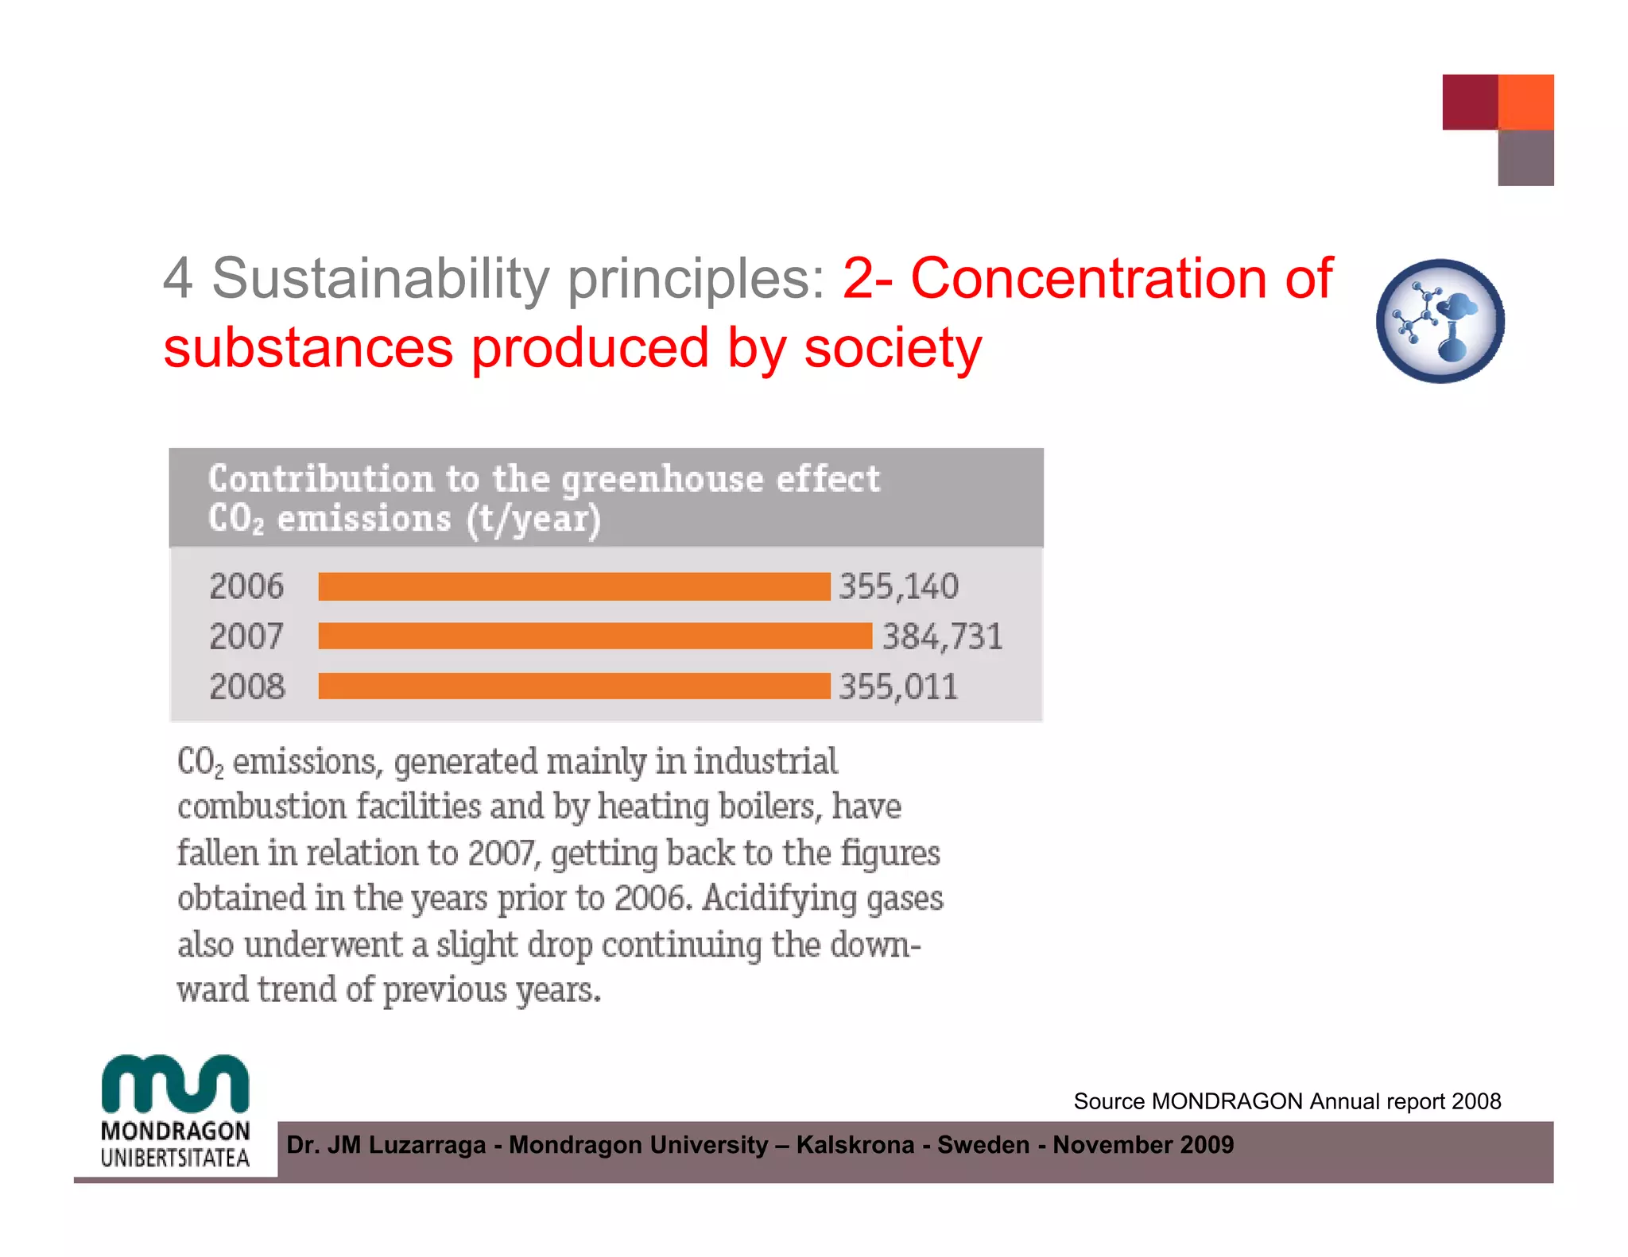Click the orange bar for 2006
click(574, 586)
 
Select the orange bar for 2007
click(595, 636)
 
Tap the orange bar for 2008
click(574, 686)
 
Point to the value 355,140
click(899, 586)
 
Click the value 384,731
click(943, 636)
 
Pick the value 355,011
click(899, 687)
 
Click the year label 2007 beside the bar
click(246, 636)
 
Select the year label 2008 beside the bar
click(246, 687)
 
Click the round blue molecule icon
click(1440, 321)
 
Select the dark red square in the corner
click(1470, 102)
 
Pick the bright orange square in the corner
click(1525, 102)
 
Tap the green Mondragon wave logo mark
click(176, 1084)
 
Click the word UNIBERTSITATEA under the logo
click(176, 1158)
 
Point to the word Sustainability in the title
click(380, 279)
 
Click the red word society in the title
click(893, 348)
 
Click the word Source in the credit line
click(1109, 1101)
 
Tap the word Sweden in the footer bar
click(983, 1145)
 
